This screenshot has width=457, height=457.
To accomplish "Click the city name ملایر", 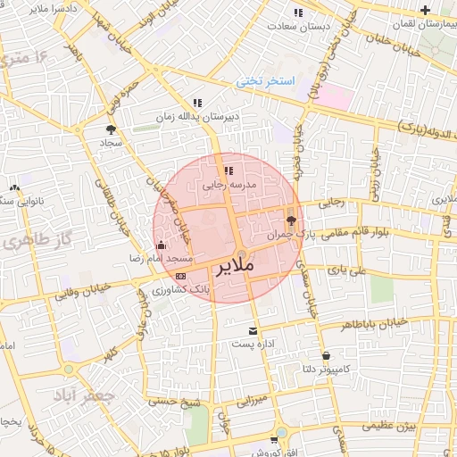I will click(234, 265).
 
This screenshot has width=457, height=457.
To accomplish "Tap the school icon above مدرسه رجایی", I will click(228, 170).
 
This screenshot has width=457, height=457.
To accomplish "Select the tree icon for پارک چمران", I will click(291, 219).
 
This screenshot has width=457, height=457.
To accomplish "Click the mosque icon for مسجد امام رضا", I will click(161, 244).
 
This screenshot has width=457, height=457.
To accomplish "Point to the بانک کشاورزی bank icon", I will click(181, 276).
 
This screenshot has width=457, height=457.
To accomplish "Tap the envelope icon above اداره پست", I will click(253, 329).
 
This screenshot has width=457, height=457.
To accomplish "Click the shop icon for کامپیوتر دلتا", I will click(325, 354).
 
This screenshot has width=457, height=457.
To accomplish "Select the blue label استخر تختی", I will click(266, 81).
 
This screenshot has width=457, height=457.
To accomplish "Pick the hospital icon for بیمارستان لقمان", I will click(425, 12).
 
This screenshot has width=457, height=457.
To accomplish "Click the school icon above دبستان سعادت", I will click(298, 12).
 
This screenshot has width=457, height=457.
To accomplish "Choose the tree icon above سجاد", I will click(110, 129).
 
